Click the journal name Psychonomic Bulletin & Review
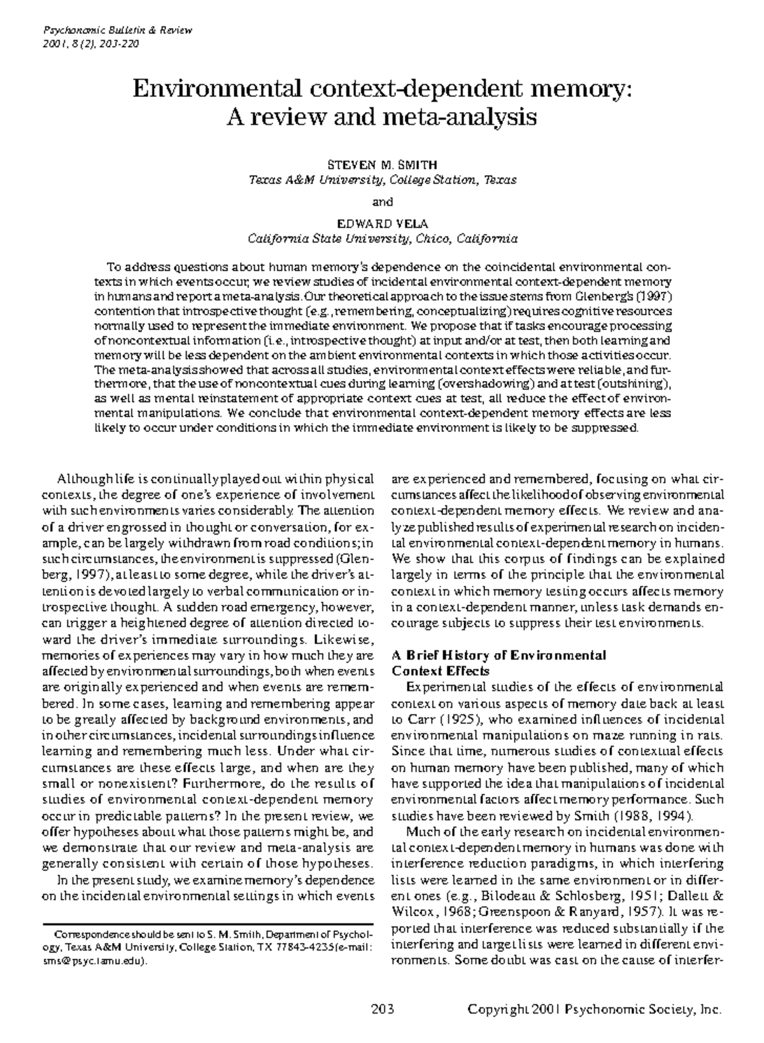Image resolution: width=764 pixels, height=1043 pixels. [x=117, y=31]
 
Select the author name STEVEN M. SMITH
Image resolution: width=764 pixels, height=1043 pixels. [x=382, y=164]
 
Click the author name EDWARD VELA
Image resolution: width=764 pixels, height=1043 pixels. [x=382, y=224]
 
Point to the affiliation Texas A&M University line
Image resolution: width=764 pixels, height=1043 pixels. [x=382, y=180]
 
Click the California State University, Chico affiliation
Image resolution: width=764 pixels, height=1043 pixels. [x=382, y=240]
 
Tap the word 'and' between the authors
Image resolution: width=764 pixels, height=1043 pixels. [x=382, y=202]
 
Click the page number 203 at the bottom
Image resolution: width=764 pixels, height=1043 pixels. [x=382, y=1009]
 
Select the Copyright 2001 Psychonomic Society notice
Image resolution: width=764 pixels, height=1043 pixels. [x=595, y=1009]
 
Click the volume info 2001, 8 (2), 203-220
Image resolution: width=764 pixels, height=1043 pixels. [x=90, y=43]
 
